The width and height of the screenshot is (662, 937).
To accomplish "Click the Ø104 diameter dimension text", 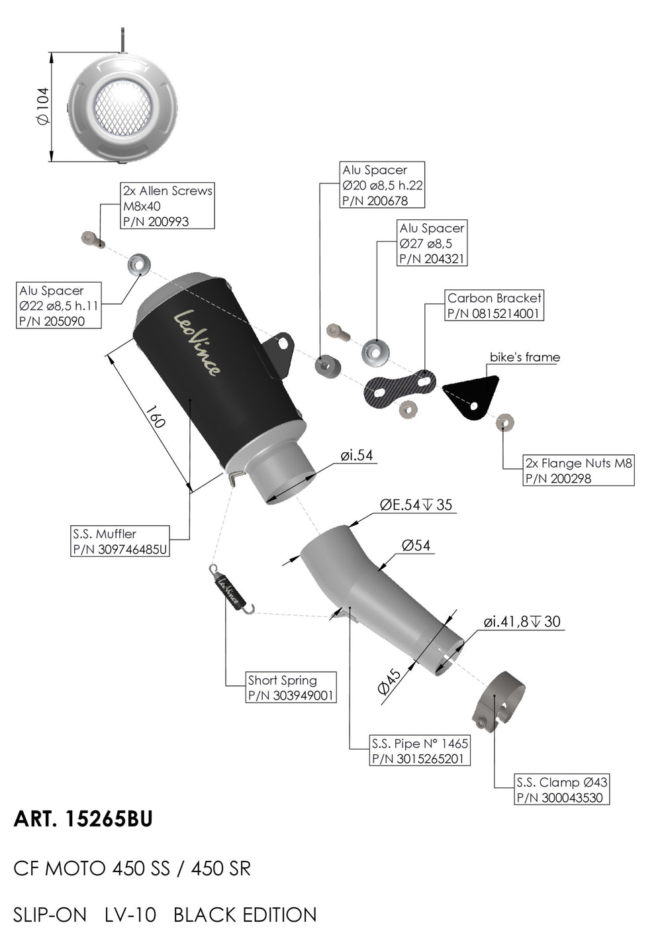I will click(x=43, y=106).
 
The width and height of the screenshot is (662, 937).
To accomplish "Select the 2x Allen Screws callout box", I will click(x=167, y=206).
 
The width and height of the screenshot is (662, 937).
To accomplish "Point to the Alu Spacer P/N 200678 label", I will click(x=382, y=185).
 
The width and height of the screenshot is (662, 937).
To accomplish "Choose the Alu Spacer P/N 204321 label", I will click(x=432, y=244).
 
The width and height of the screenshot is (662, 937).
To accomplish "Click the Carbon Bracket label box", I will click(x=494, y=305).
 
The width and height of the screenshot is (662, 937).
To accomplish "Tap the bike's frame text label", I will click(x=524, y=358).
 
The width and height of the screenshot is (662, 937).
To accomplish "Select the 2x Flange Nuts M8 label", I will click(x=578, y=471).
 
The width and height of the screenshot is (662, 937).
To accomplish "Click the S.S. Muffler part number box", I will click(x=120, y=542).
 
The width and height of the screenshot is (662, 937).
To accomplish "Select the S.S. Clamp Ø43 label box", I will click(x=561, y=790).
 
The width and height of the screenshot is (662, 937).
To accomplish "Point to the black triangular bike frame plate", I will click(x=471, y=395).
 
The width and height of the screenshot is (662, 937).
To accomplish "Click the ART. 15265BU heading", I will click(x=83, y=820).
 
